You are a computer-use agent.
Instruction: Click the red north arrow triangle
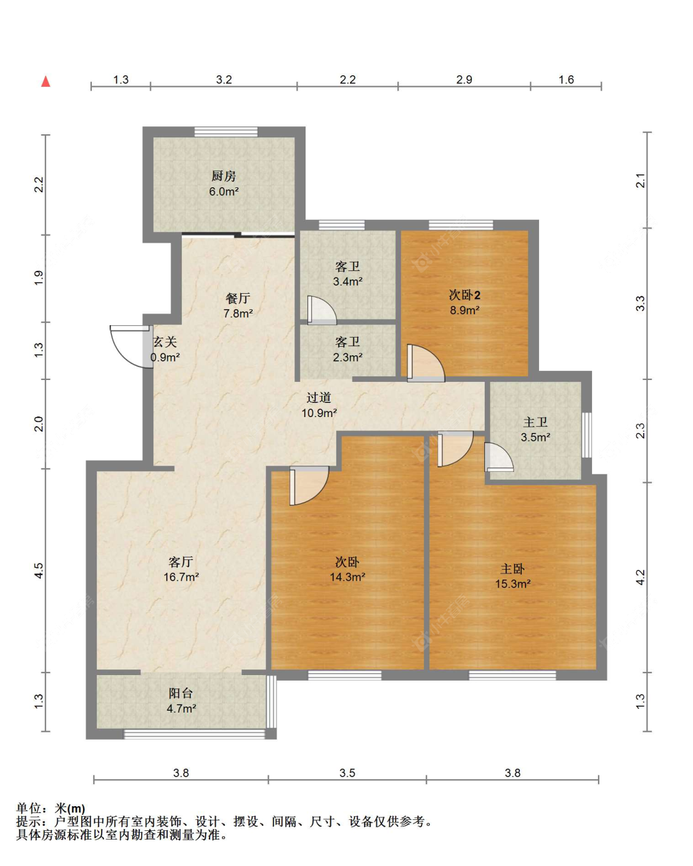pos(46,81)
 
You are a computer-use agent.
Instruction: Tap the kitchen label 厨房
pos(224,176)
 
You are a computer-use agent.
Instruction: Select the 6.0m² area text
pos(224,192)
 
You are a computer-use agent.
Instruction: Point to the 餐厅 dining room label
pos(238,298)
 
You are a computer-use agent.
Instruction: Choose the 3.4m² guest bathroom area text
pos(347,281)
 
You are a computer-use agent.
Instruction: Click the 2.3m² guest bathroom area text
pos(347,357)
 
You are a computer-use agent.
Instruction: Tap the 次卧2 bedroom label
pos(464,295)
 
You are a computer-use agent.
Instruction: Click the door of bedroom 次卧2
pos(426,363)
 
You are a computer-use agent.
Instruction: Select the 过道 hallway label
pos(318,398)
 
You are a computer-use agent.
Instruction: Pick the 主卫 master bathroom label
pos(535,422)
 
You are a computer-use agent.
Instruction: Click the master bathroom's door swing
pos(499,457)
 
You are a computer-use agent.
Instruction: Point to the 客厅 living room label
pos(180,561)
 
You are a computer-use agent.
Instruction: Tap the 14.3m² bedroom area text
pos(347,577)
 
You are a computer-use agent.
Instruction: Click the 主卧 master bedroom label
pos(513,569)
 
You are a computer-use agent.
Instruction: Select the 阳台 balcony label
pos(180,693)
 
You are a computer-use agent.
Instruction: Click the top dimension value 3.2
pos(224,79)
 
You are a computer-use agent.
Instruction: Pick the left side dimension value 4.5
pos(39,570)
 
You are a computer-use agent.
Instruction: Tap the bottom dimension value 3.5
pos(347,772)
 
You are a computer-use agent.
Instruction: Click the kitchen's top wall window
pos(226,132)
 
